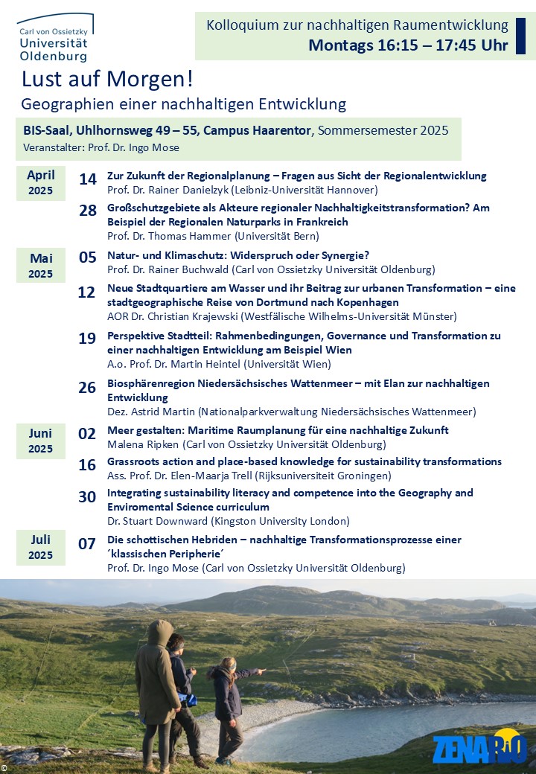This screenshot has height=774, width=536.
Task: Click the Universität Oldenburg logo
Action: tap(54, 37)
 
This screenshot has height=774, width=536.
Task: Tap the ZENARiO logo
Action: tap(479, 749)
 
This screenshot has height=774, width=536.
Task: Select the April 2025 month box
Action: tap(41, 183)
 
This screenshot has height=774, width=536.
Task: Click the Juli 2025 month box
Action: tap(41, 547)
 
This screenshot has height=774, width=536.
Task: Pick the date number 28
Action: tap(88, 211)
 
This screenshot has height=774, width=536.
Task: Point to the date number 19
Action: tap(88, 339)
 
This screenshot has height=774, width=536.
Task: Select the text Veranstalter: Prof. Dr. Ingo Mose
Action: tap(101, 147)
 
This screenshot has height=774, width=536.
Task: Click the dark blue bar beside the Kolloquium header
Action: tap(520, 36)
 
